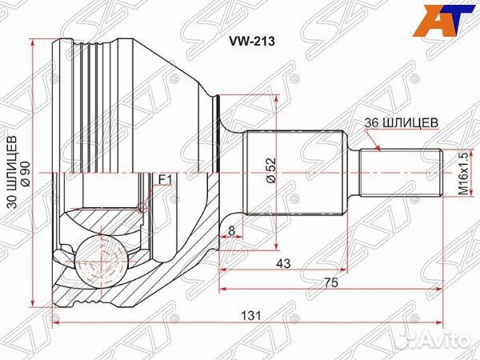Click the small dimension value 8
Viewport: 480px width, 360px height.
click(x=232, y=231)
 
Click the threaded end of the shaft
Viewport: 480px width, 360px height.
click(x=400, y=171)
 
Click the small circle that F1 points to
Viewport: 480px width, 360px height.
click(x=144, y=208)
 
